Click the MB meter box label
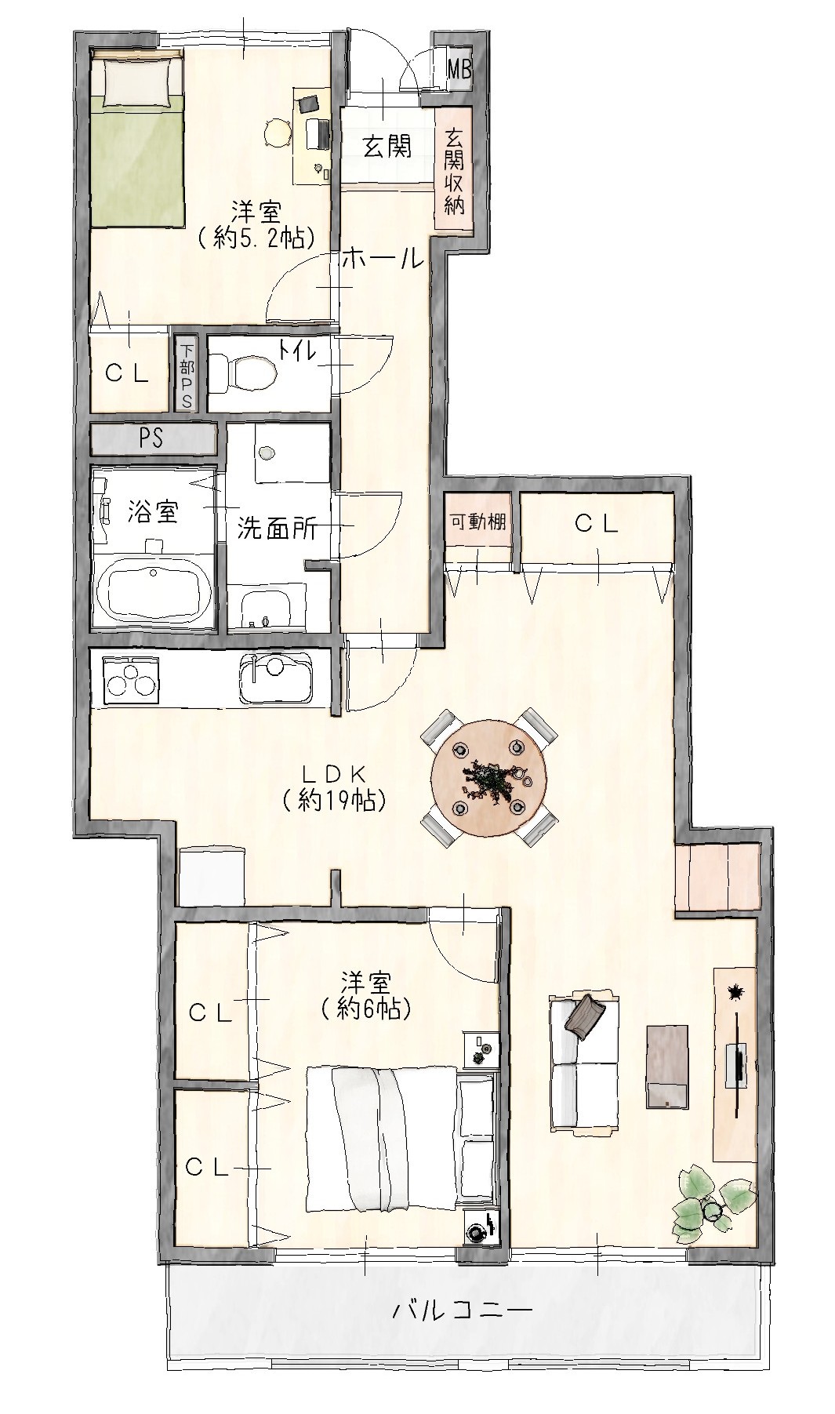(x=459, y=70)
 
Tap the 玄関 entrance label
(x=387, y=146)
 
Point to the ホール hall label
(x=383, y=258)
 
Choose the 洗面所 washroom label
(x=278, y=529)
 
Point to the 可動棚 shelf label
(x=477, y=522)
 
